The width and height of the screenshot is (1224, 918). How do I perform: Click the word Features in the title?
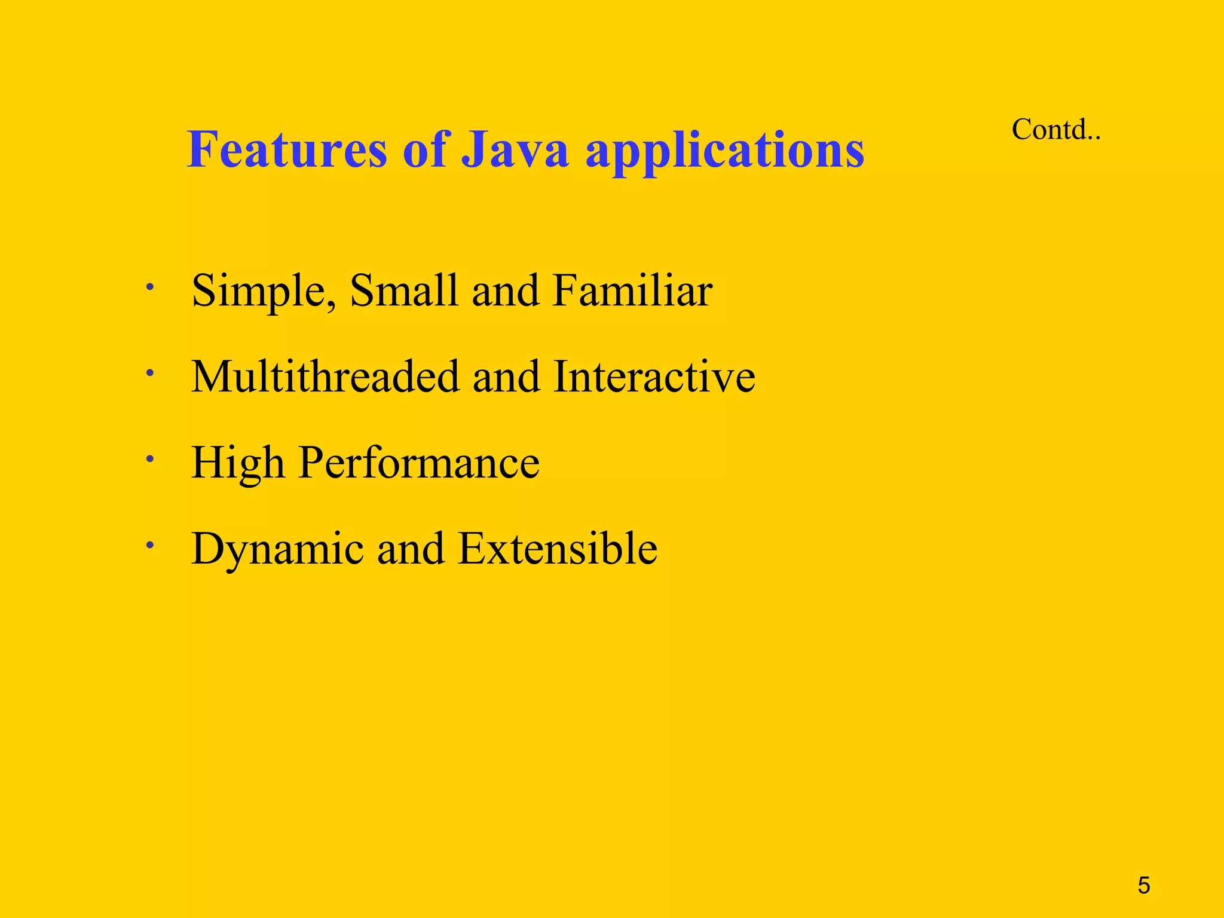[287, 149]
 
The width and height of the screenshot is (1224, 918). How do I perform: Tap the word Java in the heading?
[515, 149]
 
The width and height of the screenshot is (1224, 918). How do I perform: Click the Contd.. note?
[1055, 129]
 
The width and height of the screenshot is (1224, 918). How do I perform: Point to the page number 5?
[1143, 885]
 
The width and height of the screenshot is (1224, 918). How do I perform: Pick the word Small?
[403, 290]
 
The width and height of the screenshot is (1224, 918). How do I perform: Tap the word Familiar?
[632, 290]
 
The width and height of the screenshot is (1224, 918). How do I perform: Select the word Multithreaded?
[325, 377]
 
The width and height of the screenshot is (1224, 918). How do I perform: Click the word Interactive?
[654, 377]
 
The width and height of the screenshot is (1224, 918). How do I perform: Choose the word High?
[237, 464]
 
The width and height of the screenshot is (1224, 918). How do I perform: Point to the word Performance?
[419, 464]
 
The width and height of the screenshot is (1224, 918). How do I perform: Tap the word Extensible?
[558, 549]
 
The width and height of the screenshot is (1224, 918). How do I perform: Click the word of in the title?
[424, 149]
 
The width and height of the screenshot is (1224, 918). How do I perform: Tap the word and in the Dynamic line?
[411, 549]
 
